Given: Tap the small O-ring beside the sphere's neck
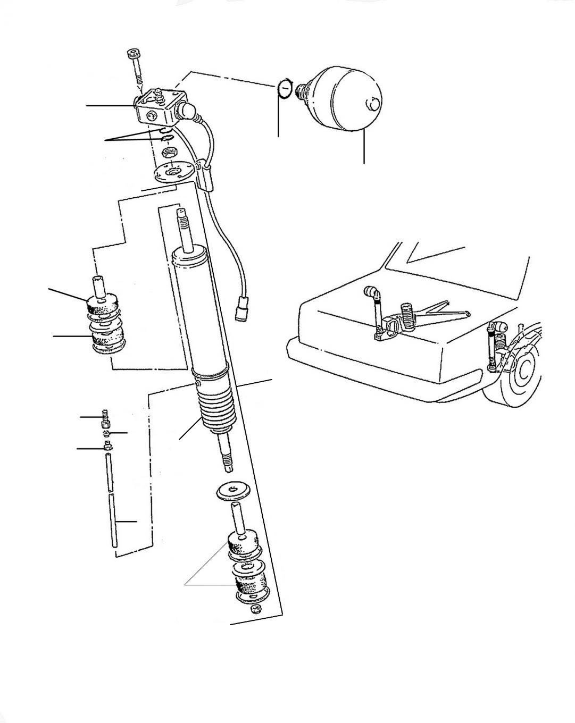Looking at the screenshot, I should coord(285,89).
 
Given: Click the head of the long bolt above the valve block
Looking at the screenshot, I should coord(133,55).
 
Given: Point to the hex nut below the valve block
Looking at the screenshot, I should coord(169,155).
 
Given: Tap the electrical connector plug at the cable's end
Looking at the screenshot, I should coord(241,310).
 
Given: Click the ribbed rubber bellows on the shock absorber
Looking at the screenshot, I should coord(215,410).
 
